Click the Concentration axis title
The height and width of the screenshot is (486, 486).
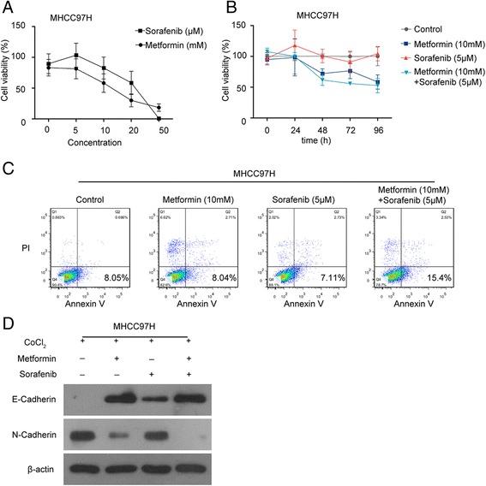[x=114, y=141]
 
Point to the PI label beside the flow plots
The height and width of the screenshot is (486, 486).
[x=27, y=247]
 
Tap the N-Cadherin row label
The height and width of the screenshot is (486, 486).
[x=31, y=435]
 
